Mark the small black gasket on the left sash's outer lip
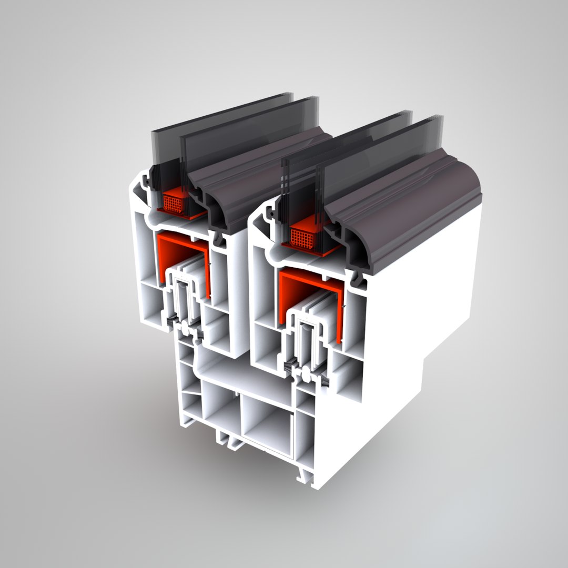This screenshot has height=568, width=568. [x=147, y=181]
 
